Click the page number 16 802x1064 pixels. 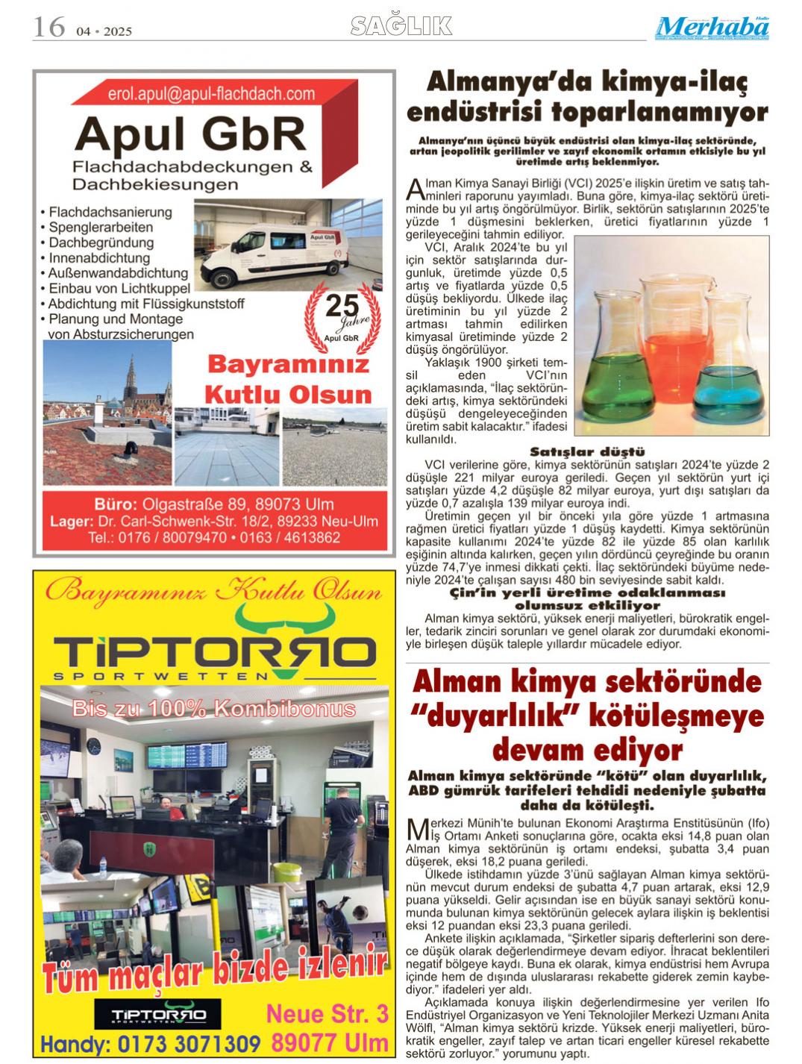49,28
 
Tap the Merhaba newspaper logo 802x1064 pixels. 713,28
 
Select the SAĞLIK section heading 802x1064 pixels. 401,27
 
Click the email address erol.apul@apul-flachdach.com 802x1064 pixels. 211,94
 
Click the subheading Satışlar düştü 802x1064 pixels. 587,451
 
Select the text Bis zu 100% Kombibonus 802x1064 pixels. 214,707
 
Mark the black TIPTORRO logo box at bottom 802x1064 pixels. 157,1015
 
